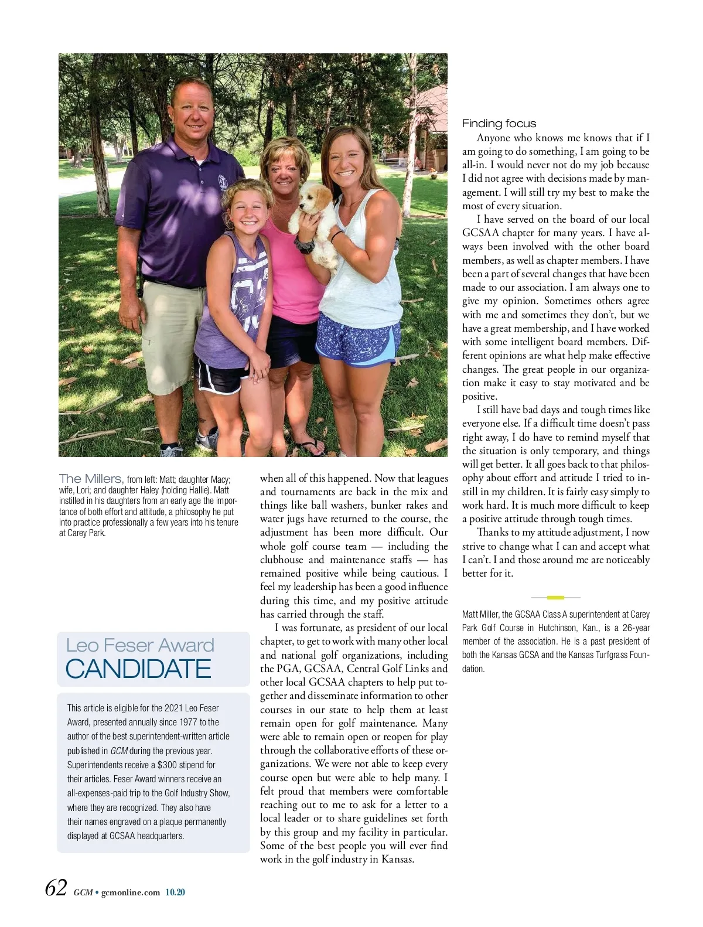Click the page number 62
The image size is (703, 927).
click(56, 888)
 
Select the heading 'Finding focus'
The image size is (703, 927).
click(499, 124)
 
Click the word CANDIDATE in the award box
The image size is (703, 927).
click(138, 669)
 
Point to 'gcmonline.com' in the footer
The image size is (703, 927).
click(131, 892)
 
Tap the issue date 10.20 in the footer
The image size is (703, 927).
click(175, 892)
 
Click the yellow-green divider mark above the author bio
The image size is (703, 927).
click(555, 597)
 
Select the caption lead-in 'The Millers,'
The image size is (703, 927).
click(91, 479)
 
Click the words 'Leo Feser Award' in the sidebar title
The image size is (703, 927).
click(140, 645)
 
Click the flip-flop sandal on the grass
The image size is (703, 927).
click(310, 447)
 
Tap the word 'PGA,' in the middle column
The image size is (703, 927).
click(289, 669)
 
